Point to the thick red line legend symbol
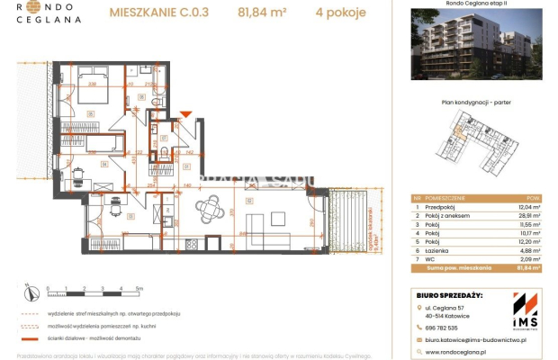pyautogui.click(x=31, y=337)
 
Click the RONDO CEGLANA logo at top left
pyautogui.click(x=43, y=13)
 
